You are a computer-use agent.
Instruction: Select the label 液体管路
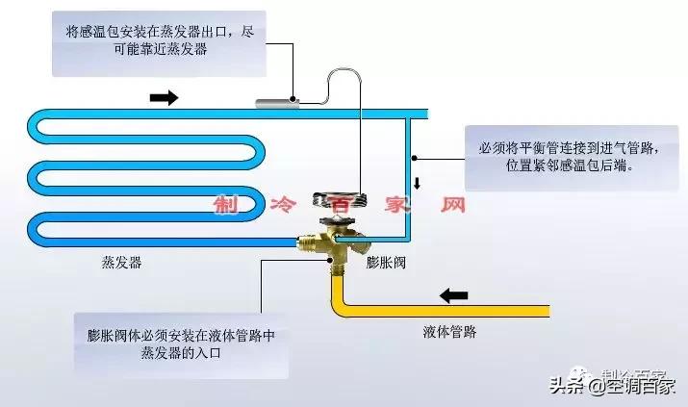coord(449,333)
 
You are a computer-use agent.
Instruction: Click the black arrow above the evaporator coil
coord(166,98)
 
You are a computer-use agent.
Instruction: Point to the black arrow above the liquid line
coord(454,293)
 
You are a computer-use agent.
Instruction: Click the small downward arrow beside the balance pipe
coord(418,183)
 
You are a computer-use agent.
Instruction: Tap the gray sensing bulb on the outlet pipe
coord(274,102)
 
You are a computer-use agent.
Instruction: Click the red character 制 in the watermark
coord(226,206)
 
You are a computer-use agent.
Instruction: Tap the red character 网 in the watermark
coord(452,206)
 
